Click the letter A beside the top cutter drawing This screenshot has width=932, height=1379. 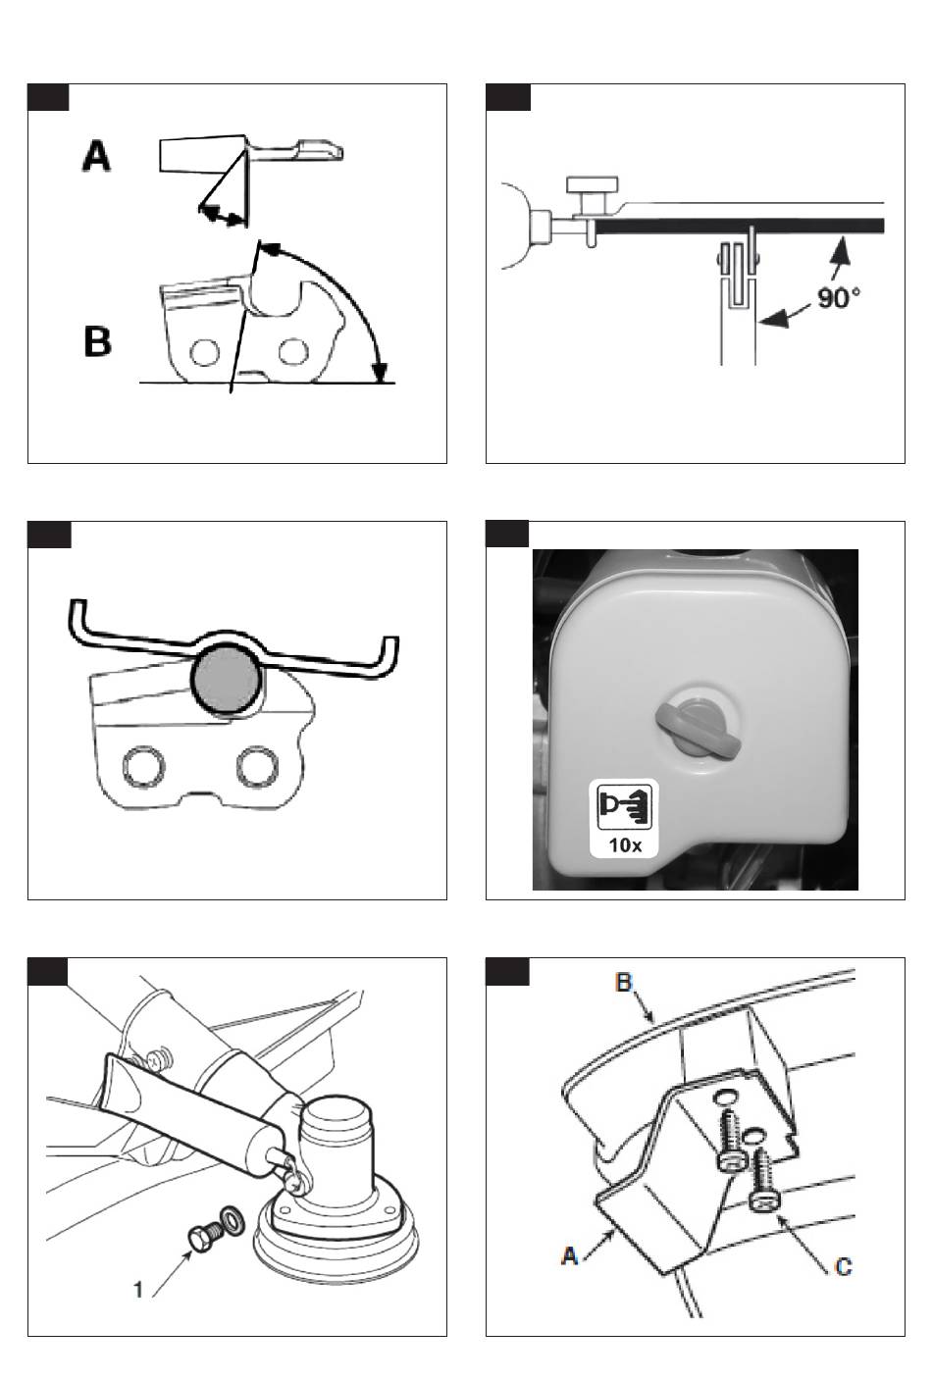[x=96, y=156]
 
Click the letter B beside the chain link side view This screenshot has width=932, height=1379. [x=97, y=341]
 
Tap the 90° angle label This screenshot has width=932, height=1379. [x=839, y=296]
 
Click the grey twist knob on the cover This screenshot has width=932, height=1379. [x=694, y=729]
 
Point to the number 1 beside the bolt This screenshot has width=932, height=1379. [x=138, y=1289]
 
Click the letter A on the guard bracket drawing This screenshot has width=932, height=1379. [x=568, y=1253]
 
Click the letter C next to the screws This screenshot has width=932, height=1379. [x=843, y=1266]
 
